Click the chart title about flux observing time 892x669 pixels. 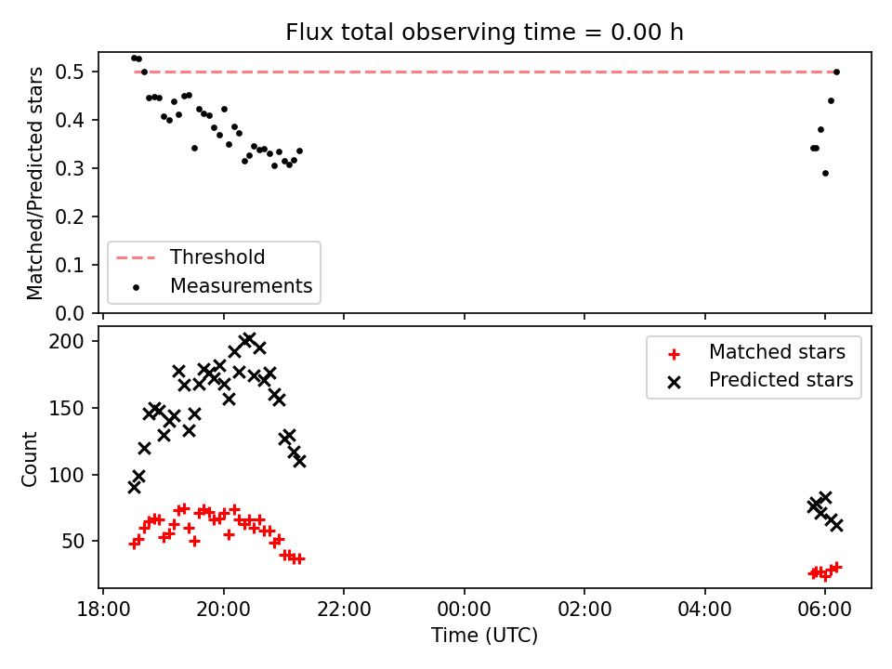click(484, 33)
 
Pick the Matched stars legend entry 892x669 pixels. click(756, 352)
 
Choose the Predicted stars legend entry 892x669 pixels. click(760, 380)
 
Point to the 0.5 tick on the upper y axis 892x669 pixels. click(70, 72)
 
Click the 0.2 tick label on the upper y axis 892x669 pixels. click(70, 216)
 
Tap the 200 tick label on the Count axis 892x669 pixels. click(66, 341)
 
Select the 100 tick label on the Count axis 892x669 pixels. click(66, 475)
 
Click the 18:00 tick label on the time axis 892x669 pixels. click(103, 610)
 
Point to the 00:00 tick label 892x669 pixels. click(465, 610)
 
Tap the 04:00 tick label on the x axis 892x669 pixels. click(705, 610)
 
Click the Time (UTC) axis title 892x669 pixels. click(485, 635)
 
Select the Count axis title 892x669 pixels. click(30, 459)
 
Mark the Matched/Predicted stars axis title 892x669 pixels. click(34, 183)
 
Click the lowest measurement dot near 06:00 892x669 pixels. click(825, 174)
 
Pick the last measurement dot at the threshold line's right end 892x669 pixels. click(836, 72)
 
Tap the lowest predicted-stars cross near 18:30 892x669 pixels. click(134, 488)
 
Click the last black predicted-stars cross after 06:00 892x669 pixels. click(836, 525)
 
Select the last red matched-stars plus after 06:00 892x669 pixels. click(836, 567)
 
